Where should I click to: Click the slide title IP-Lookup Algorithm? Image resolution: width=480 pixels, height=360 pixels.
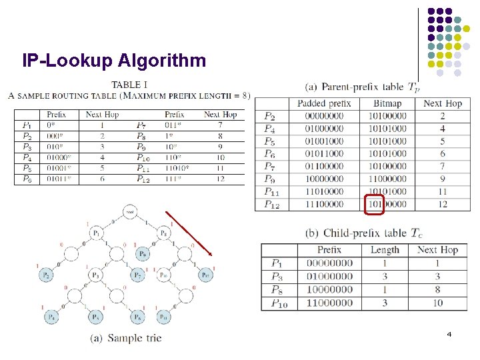click(x=114, y=61)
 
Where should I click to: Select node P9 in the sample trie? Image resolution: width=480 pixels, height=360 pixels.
click(x=141, y=254)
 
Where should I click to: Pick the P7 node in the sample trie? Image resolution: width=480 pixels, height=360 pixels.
click(x=138, y=275)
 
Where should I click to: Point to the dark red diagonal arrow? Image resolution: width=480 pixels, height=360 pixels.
click(x=190, y=234)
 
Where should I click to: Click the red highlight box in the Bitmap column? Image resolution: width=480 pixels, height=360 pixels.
click(x=375, y=204)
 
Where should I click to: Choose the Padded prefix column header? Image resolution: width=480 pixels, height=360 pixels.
click(x=324, y=103)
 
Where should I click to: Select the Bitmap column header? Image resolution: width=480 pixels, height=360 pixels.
click(x=387, y=103)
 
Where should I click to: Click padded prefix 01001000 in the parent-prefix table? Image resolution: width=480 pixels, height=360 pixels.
click(x=324, y=141)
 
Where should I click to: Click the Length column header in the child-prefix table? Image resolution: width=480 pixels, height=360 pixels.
click(x=385, y=250)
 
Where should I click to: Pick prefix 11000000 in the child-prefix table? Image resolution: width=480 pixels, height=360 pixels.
click(x=329, y=303)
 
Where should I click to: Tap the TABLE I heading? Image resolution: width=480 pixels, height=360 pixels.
click(x=129, y=85)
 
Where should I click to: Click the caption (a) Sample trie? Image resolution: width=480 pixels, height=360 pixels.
click(x=126, y=338)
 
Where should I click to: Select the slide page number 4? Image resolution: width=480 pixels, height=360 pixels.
click(x=449, y=333)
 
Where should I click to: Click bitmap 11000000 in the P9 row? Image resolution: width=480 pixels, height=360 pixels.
click(x=387, y=179)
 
